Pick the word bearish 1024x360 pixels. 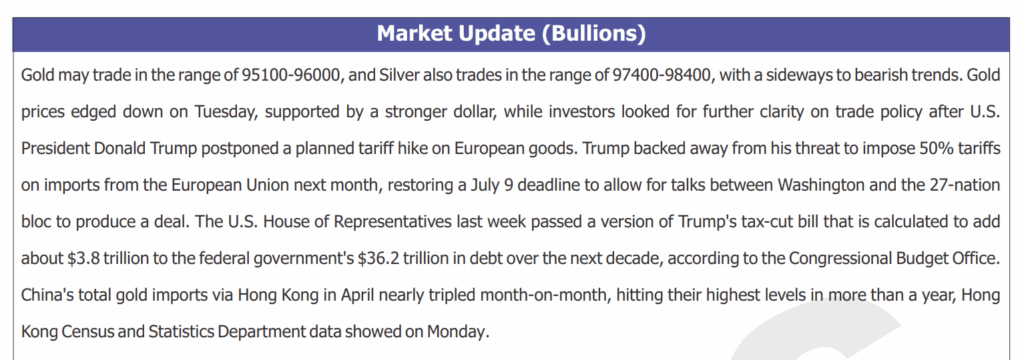874,75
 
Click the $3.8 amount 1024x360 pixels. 83,259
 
